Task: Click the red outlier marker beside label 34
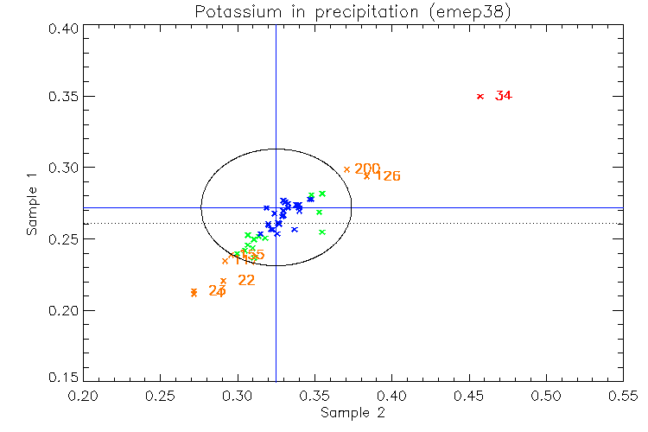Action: click(x=480, y=96)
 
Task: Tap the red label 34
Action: click(x=504, y=96)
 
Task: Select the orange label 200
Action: click(x=367, y=168)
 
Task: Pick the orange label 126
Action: click(x=388, y=176)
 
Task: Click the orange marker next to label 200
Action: click(x=346, y=169)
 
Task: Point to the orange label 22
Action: click(x=246, y=280)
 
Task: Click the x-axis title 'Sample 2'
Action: click(x=353, y=413)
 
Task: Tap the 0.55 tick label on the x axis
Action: click(x=622, y=395)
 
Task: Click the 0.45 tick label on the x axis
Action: click(x=468, y=395)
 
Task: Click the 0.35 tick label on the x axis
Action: click(x=314, y=395)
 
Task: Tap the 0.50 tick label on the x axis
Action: click(x=545, y=395)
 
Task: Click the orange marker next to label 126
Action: click(x=366, y=175)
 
